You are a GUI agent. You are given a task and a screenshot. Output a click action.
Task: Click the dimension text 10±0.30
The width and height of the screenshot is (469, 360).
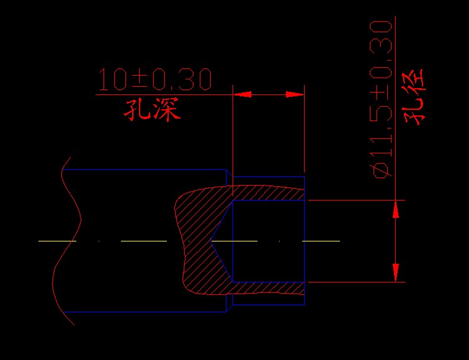155,79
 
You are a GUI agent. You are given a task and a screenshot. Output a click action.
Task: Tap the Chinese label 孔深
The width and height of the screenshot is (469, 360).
152,109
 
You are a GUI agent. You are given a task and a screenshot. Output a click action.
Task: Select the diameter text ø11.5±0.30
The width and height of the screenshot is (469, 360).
381,99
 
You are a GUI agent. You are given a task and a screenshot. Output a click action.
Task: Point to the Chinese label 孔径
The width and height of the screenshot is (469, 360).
414,97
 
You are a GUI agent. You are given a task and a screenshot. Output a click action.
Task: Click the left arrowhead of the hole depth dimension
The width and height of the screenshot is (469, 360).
242,94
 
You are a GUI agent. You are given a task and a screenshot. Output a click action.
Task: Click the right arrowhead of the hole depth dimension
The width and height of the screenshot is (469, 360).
295,94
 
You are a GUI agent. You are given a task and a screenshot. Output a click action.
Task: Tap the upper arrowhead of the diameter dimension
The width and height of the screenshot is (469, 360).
395,209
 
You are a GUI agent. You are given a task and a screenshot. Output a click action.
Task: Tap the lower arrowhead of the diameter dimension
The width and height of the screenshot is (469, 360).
395,272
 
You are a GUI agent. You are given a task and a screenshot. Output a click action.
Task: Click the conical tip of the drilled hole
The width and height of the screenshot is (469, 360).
210,241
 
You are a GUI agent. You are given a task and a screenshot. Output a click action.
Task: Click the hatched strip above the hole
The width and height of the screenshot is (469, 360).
269,193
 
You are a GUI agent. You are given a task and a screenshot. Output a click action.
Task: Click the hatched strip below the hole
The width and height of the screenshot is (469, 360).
269,288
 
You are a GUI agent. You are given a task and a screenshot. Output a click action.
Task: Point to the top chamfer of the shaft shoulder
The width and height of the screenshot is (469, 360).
230,173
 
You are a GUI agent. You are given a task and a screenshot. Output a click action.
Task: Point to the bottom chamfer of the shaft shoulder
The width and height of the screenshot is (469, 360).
230,308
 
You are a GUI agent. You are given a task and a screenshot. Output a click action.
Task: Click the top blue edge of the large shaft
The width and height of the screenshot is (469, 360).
144,169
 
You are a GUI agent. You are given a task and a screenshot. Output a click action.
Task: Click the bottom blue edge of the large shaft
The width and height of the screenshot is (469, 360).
145,312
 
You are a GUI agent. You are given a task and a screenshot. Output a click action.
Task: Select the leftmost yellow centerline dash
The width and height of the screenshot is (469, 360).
58,241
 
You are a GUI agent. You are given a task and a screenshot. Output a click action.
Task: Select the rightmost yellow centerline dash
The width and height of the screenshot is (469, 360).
321,241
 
